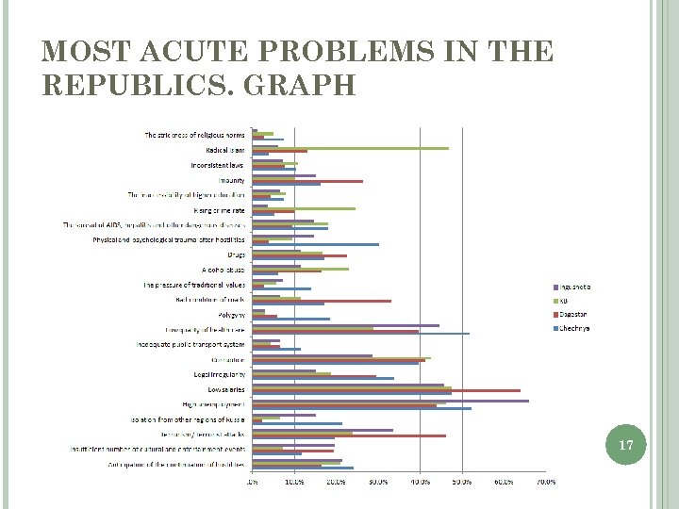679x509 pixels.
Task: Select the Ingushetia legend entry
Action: [x=571, y=286]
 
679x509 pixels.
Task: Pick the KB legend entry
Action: [x=564, y=300]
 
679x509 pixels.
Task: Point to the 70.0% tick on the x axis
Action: [x=545, y=482]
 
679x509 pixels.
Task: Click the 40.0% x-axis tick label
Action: [x=419, y=482]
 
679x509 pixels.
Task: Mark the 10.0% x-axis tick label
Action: [x=293, y=482]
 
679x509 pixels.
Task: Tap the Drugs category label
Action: [x=236, y=254]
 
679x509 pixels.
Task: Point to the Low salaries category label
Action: [x=225, y=389]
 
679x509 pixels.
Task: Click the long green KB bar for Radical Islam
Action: [x=350, y=148]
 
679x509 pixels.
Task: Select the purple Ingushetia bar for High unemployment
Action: [x=390, y=401]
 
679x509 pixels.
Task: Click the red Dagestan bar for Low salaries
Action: [x=386, y=390]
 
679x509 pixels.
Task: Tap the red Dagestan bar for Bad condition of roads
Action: [x=322, y=301]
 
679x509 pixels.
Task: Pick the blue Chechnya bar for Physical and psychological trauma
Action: [x=315, y=244]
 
